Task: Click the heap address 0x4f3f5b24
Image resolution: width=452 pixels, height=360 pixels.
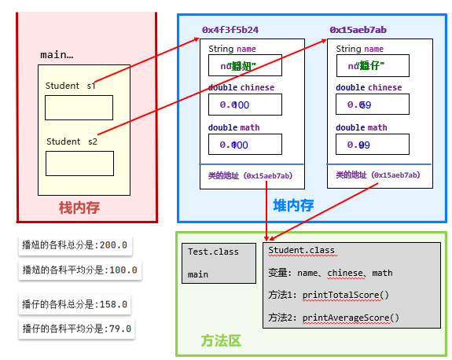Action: pos(230,30)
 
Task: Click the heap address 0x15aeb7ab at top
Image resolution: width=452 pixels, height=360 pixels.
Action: pos(358,30)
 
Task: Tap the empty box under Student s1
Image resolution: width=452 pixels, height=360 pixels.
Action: pos(79,107)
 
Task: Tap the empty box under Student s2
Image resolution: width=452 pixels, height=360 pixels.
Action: pos(79,163)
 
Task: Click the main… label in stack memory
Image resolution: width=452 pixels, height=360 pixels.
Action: pos(57,55)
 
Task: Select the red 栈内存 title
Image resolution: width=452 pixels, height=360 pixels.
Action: pos(79,208)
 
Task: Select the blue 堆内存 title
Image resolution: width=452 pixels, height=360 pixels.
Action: pos(293,206)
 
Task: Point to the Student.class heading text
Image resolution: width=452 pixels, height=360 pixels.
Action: pos(301,251)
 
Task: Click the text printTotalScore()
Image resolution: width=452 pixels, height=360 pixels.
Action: pos(345,295)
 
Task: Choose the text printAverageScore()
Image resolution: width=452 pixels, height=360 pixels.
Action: pos(351,318)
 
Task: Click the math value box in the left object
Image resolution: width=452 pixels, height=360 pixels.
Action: pos(244,145)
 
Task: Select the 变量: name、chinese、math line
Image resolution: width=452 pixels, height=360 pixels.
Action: pos(330,273)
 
